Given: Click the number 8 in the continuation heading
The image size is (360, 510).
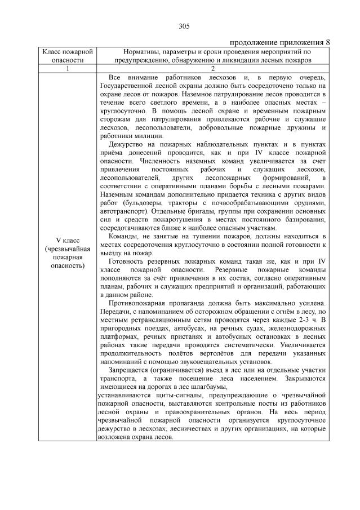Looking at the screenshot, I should [x=328, y=43].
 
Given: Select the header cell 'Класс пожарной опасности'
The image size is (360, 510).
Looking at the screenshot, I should [x=67, y=55].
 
